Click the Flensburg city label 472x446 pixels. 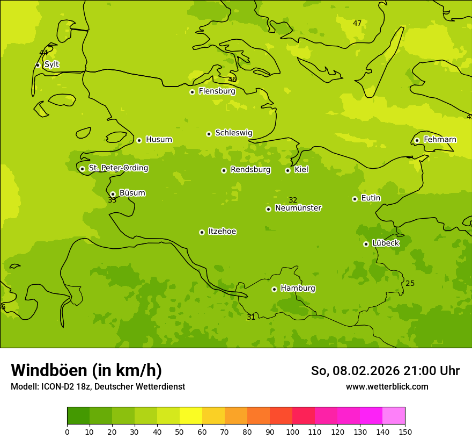tap(217, 91)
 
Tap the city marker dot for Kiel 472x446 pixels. tap(287, 170)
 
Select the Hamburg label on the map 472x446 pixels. tap(298, 289)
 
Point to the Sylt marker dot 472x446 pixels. tap(38, 65)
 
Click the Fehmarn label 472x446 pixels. tap(440, 140)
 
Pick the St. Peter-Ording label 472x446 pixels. tap(118, 168)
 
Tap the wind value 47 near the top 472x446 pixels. tap(357, 23)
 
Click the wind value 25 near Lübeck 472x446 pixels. tap(410, 284)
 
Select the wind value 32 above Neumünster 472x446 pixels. tap(293, 200)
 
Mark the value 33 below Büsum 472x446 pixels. tap(112, 200)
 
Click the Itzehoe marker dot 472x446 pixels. tap(202, 232)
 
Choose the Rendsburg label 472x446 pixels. tap(250, 170)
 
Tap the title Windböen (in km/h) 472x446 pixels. tap(86, 370)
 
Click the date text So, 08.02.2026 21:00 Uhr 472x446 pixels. tap(385, 371)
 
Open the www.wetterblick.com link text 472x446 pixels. tap(387, 386)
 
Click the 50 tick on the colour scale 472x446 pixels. tap(180, 431)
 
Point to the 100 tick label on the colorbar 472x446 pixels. tap(292, 431)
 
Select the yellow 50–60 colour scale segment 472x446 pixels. tap(191, 416)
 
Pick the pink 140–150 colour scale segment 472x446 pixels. tap(394, 416)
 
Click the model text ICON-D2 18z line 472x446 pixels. tap(98, 386)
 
